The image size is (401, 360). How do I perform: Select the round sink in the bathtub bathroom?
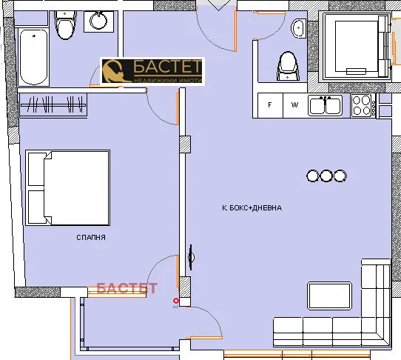coord(97,21)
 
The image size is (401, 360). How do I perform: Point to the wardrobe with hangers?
coord(54,104)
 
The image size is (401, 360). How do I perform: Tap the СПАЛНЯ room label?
coord(91,238)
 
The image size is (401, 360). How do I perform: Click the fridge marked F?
coord(270,105)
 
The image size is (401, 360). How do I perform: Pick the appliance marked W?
coord(294,105)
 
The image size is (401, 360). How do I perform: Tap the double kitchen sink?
coord(326,105)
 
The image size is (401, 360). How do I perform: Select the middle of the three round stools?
coord(326,176)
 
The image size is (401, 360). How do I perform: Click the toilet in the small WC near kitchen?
coord(286,67)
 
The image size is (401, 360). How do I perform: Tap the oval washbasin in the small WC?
coord(299,29)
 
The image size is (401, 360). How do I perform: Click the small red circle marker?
coord(175,301)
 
